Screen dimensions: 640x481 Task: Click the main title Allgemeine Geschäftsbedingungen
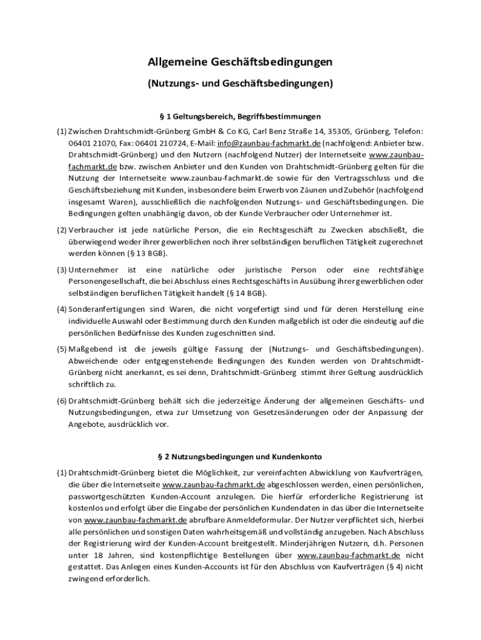click(x=240, y=62)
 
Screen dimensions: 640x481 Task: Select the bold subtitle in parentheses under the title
click(x=240, y=82)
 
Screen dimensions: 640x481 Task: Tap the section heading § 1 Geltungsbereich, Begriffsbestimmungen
click(x=240, y=116)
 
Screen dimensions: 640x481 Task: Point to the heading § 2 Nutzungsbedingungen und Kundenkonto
click(x=240, y=457)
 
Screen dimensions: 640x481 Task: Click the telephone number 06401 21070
click(x=87, y=143)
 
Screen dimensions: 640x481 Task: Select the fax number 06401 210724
click(x=154, y=143)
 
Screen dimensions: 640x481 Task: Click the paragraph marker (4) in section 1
click(x=62, y=309)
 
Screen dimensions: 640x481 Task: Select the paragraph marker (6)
click(x=62, y=400)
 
